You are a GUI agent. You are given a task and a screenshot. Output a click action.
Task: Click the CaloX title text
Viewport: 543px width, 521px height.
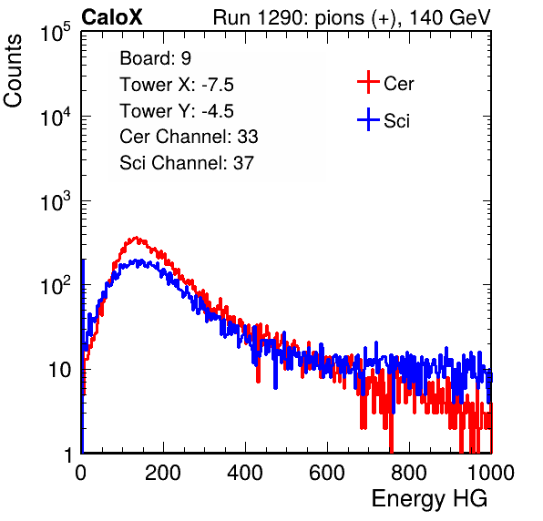(x=111, y=17)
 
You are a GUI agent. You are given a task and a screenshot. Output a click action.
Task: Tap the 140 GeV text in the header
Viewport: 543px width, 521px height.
(x=450, y=17)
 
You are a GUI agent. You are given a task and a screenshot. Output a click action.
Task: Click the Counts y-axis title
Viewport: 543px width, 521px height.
(x=13, y=70)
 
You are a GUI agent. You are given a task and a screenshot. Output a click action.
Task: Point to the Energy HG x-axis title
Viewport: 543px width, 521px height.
(x=429, y=499)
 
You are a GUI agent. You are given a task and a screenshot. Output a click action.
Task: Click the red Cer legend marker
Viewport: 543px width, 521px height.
(x=368, y=82)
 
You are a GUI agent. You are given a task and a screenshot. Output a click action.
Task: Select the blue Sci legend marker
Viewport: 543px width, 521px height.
(x=368, y=120)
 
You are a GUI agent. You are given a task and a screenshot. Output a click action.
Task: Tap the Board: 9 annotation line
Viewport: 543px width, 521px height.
(x=155, y=58)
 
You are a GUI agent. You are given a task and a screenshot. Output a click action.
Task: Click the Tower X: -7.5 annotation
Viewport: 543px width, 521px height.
(x=177, y=85)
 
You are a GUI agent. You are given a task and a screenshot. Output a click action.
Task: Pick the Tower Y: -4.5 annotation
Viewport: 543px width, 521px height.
(x=177, y=111)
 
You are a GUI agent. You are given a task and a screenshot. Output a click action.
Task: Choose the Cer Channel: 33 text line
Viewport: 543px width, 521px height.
(x=189, y=137)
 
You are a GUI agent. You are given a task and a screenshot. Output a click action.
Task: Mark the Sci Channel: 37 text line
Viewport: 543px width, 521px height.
(x=187, y=163)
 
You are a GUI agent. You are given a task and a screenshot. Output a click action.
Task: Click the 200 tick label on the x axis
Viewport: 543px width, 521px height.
(x=163, y=472)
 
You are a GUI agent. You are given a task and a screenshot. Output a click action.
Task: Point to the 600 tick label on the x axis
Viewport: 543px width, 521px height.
(x=327, y=472)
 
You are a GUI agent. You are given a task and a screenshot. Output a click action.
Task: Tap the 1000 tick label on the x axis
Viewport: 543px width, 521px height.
(x=491, y=472)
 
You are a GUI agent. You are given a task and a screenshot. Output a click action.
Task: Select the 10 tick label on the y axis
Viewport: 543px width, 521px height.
(x=60, y=370)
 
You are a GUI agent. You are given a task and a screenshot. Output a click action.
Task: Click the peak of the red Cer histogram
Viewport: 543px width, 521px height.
(x=136, y=238)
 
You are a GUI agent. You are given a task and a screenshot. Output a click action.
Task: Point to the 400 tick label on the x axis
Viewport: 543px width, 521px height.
(x=245, y=472)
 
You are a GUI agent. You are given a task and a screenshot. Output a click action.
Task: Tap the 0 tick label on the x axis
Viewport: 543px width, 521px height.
(x=81, y=472)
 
